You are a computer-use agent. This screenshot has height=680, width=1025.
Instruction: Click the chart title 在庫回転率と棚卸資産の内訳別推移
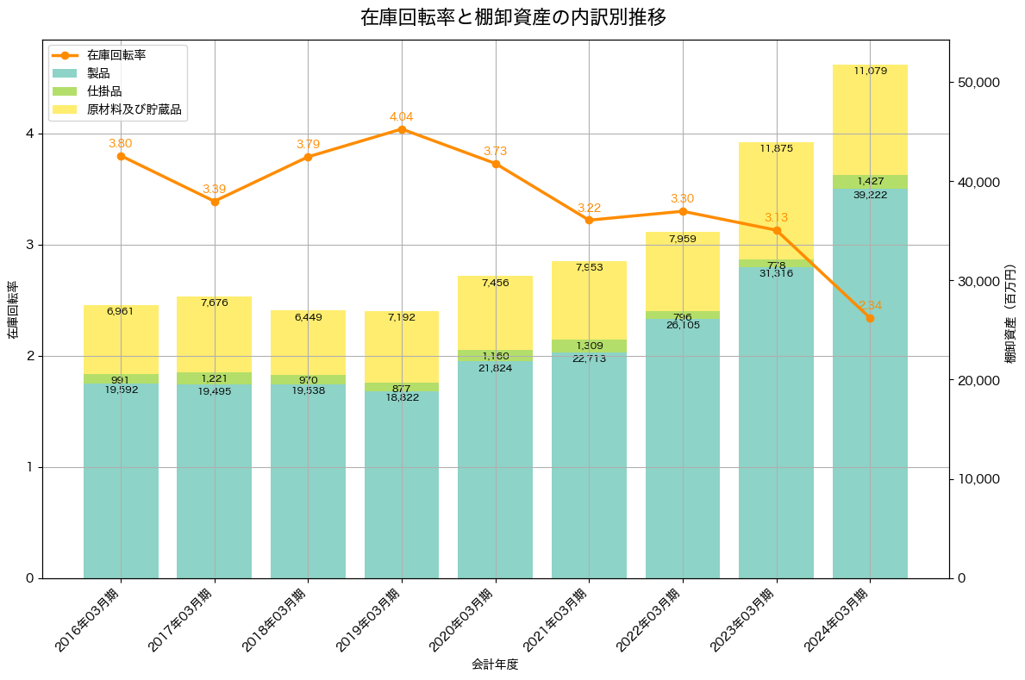(x=512, y=17)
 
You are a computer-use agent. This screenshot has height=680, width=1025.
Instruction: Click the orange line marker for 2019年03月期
(x=402, y=129)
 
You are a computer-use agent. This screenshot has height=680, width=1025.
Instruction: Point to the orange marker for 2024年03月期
(x=870, y=318)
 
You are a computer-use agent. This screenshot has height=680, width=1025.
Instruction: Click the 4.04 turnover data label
(x=402, y=116)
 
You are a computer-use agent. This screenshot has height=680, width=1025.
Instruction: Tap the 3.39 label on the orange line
(x=215, y=189)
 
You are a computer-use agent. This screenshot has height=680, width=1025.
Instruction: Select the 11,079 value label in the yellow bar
(x=870, y=71)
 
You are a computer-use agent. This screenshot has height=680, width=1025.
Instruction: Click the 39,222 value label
(x=870, y=195)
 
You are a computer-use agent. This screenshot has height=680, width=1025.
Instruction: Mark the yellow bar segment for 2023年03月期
(x=776, y=207)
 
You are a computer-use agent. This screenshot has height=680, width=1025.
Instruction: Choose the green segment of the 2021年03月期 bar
(x=589, y=346)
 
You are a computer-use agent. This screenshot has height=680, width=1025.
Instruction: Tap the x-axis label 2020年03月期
(x=462, y=620)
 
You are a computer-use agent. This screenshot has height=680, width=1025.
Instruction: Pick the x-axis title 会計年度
(x=495, y=664)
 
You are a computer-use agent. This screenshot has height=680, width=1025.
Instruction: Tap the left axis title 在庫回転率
(x=12, y=310)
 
